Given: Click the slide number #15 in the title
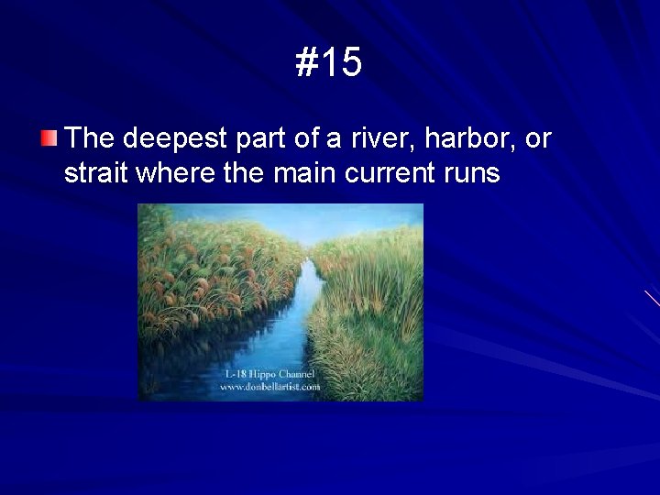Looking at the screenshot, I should pyautogui.click(x=329, y=63).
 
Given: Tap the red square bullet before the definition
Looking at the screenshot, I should pyautogui.click(x=49, y=139).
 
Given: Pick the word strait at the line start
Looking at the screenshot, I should pyautogui.click(x=95, y=172).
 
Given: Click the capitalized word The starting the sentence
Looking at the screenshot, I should pyautogui.click(x=89, y=138).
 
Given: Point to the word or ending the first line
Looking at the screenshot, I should pyautogui.click(x=538, y=138).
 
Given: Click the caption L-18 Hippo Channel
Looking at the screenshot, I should pyautogui.click(x=269, y=375).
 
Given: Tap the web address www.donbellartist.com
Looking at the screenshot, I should pyautogui.click(x=269, y=387).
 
